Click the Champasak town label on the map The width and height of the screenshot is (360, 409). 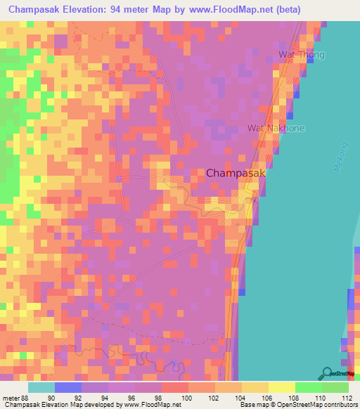[235, 172]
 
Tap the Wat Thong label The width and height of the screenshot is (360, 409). [298, 54]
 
